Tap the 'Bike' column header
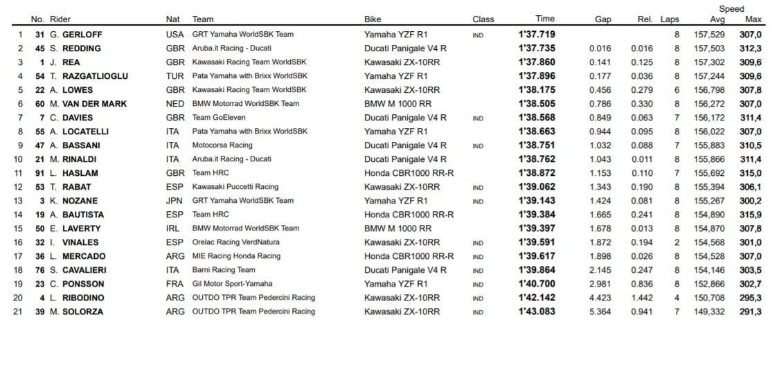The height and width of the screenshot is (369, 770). pos(373,19)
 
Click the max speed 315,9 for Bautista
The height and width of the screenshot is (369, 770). pos(751,215)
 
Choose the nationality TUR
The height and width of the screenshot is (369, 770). pos(175,75)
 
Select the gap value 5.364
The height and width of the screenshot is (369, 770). pos(600,312)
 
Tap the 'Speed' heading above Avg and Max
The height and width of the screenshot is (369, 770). pos(731,9)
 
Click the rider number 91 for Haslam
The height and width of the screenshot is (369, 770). pos(40,173)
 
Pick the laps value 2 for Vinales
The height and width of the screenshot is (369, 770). pos(677,242)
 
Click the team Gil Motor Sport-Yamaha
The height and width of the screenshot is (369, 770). pos(232,284)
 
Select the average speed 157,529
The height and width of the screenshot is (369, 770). pos(709,34)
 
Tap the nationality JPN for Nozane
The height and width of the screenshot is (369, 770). pos(175,201)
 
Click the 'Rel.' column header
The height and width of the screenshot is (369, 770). pos(645,19)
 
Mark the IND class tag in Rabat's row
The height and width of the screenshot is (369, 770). pos(478,187)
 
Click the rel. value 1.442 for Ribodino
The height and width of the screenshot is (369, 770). pos(642,298)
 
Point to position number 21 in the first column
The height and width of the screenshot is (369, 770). pos(19,312)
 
